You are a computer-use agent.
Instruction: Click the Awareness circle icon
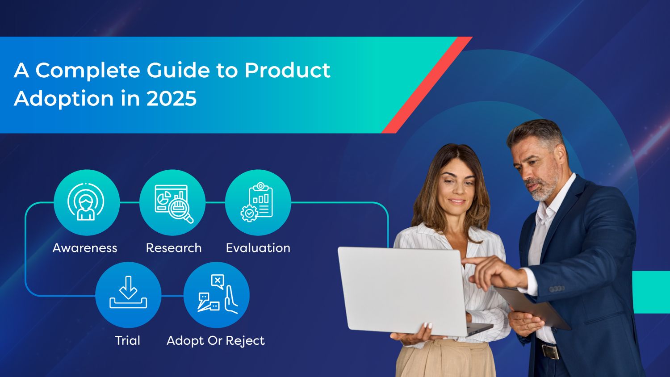pyautogui.click(x=86, y=202)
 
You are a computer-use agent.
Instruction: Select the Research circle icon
pyautogui.click(x=172, y=202)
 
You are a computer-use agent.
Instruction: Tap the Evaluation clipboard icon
pyautogui.click(x=258, y=202)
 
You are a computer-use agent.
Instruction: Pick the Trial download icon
pyautogui.click(x=128, y=294)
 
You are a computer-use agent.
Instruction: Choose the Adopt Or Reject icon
pyautogui.click(x=217, y=294)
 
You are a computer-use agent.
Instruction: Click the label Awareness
pyautogui.click(x=85, y=248)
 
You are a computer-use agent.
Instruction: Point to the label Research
pyautogui.click(x=174, y=248)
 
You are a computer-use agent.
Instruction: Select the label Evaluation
pyautogui.click(x=258, y=248)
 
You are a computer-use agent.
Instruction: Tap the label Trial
pyautogui.click(x=128, y=340)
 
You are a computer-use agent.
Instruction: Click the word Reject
pyautogui.click(x=245, y=341)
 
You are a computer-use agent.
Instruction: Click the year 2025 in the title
pyautogui.click(x=172, y=98)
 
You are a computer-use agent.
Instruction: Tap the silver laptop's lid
pyautogui.click(x=402, y=290)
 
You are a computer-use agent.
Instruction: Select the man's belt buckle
pyautogui.click(x=551, y=351)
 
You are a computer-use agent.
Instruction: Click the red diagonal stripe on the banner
pyautogui.click(x=427, y=85)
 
